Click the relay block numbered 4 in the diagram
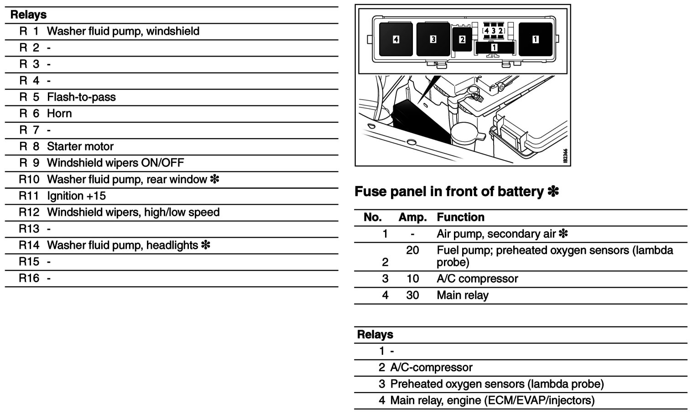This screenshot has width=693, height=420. (x=396, y=39)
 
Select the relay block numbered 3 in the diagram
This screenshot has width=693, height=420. (x=433, y=39)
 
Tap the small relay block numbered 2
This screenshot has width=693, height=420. (x=462, y=40)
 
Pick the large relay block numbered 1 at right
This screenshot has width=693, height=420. (x=535, y=39)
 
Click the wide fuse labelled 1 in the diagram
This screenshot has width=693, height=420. (x=494, y=47)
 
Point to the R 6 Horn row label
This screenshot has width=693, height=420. (x=30, y=113)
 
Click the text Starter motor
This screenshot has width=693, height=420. (x=80, y=146)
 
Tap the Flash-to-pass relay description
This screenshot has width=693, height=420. (x=81, y=97)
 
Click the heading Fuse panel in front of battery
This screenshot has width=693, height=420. (x=449, y=192)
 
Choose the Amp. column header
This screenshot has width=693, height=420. (x=412, y=217)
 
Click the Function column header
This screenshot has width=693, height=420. (x=460, y=217)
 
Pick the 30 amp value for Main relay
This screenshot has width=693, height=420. (x=412, y=295)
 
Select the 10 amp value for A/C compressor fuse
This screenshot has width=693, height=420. (x=412, y=279)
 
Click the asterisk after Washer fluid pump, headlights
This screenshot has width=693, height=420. (x=205, y=245)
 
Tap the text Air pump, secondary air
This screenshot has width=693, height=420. (x=496, y=234)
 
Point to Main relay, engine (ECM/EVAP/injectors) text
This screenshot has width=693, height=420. (x=492, y=400)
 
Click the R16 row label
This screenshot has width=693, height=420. (x=29, y=278)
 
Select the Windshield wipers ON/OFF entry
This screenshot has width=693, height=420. (x=115, y=163)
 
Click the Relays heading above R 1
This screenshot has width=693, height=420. (x=28, y=15)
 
